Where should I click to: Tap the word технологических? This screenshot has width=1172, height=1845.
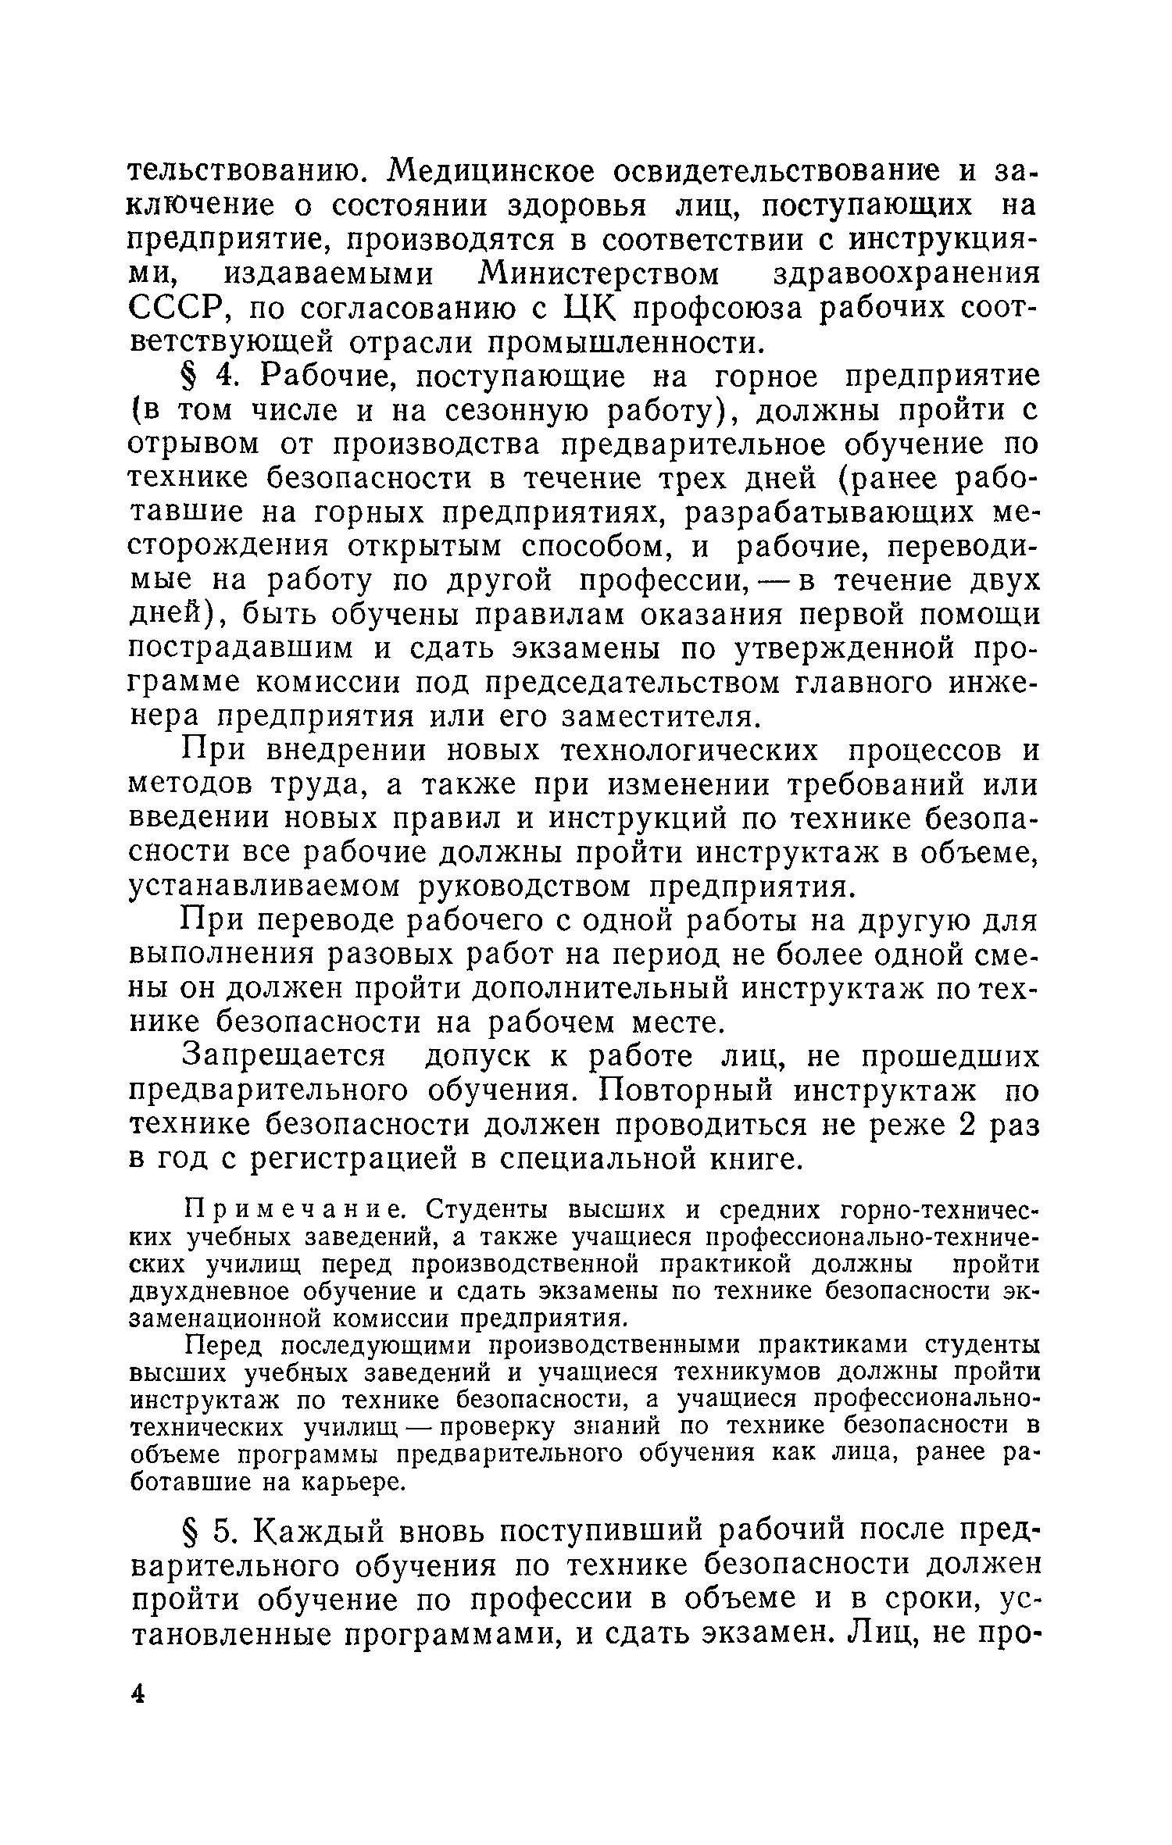tap(691, 751)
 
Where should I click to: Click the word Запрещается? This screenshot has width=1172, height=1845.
tap(284, 1057)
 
